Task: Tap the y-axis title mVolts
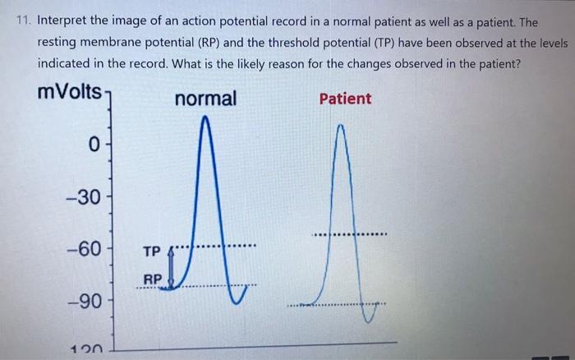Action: tap(71, 92)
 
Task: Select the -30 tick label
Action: tap(85, 198)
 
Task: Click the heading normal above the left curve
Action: tap(205, 99)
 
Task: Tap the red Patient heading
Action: tap(345, 99)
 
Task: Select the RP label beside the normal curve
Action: tap(153, 279)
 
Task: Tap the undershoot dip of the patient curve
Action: tap(377, 316)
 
